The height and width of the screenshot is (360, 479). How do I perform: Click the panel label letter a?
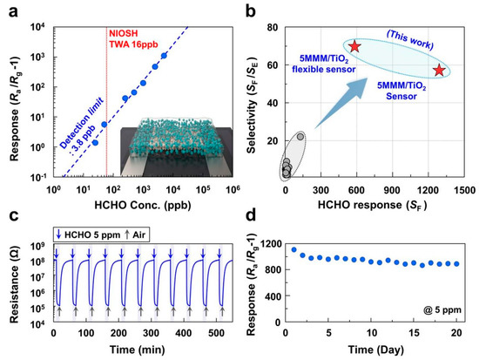(9, 10)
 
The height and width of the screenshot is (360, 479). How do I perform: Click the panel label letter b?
(248, 10)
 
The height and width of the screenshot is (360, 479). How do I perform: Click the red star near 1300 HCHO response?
(439, 70)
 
